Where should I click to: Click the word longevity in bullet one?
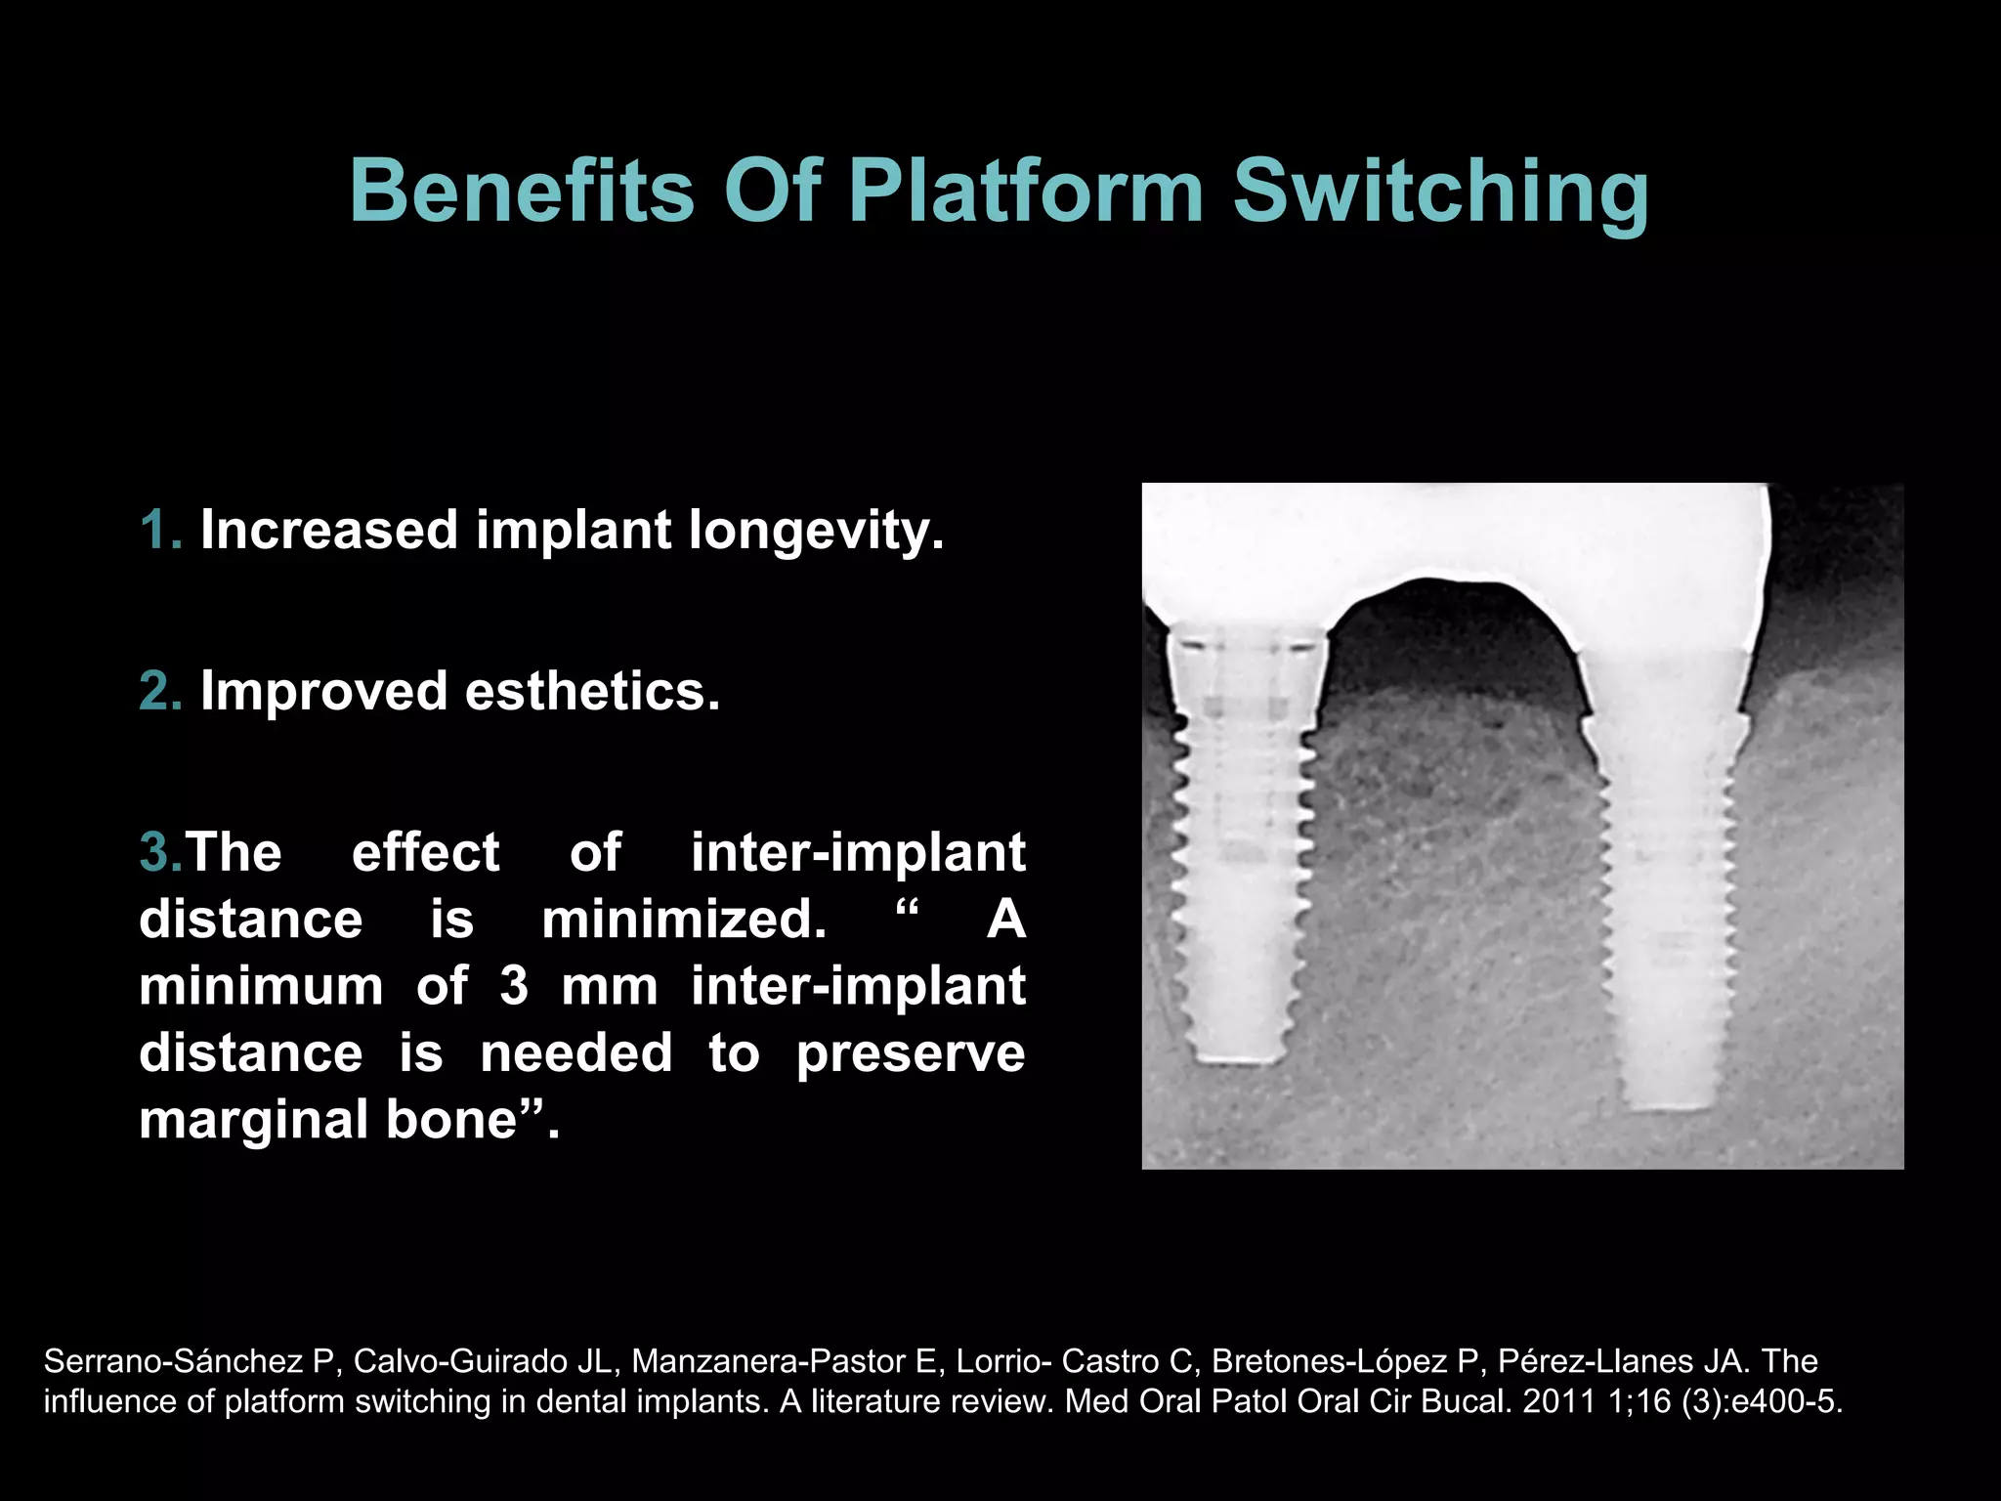point(815,531)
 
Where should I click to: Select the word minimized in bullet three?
point(684,920)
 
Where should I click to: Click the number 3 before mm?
point(514,986)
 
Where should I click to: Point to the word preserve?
point(910,1053)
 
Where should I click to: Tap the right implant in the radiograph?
point(1667,879)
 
